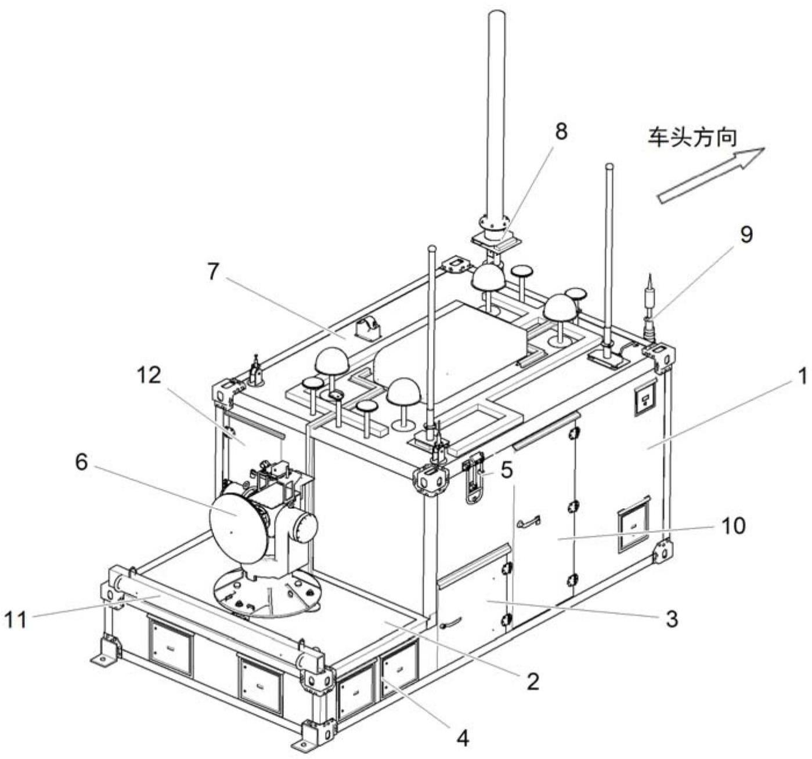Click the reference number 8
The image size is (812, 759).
coord(561,132)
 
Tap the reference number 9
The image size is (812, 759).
coord(746,235)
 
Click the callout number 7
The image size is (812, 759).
coord(214,271)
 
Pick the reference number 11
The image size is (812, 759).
coord(17,619)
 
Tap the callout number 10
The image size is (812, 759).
coord(734,526)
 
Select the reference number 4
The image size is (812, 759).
coord(462,738)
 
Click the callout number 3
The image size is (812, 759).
coord(671,619)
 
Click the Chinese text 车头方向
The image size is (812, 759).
coord(692,138)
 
